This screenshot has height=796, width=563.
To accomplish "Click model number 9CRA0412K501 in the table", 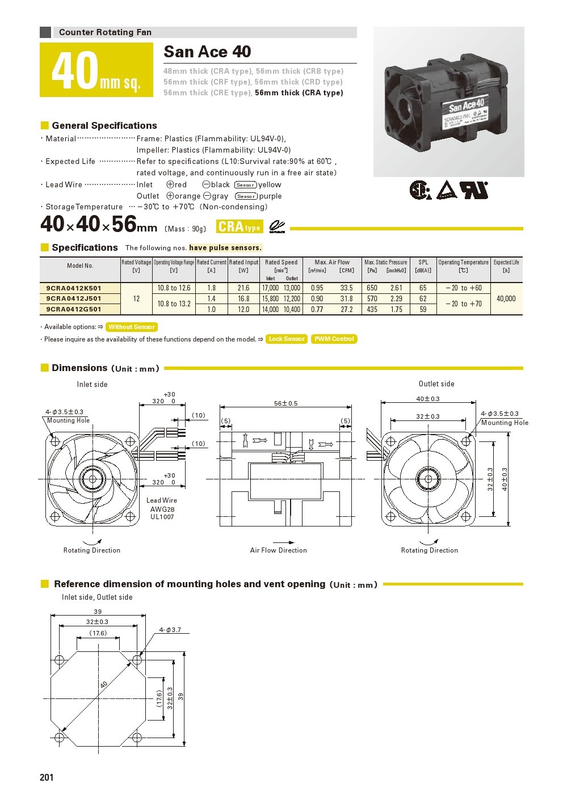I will [74, 288].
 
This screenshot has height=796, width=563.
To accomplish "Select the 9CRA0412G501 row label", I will [74, 309].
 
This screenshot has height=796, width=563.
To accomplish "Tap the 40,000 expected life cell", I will [506, 298].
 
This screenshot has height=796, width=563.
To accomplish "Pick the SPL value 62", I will [423, 298].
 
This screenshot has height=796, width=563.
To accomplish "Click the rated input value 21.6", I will [243, 288].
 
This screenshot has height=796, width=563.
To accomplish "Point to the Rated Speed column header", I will [281, 262].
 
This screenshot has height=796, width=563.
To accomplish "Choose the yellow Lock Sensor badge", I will [287, 339].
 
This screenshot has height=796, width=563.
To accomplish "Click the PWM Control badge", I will [334, 339].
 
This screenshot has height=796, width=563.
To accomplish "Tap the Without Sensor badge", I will [132, 327].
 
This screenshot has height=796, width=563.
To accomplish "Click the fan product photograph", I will [448, 102].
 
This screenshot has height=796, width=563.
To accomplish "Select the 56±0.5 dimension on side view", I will [285, 403].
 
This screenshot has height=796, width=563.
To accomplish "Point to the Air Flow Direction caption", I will [278, 550].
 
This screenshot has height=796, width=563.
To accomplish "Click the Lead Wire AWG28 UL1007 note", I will [162, 508].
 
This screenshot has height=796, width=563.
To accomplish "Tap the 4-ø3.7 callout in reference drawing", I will [170, 630].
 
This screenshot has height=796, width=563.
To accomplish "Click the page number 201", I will [47, 777].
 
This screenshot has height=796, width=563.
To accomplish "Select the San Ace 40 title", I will [207, 52].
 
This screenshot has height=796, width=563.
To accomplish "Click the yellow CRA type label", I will [239, 227].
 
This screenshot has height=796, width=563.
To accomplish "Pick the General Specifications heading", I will [104, 125].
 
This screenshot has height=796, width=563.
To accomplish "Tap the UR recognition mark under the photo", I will [474, 190].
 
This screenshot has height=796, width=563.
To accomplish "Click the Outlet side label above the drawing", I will [436, 384].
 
